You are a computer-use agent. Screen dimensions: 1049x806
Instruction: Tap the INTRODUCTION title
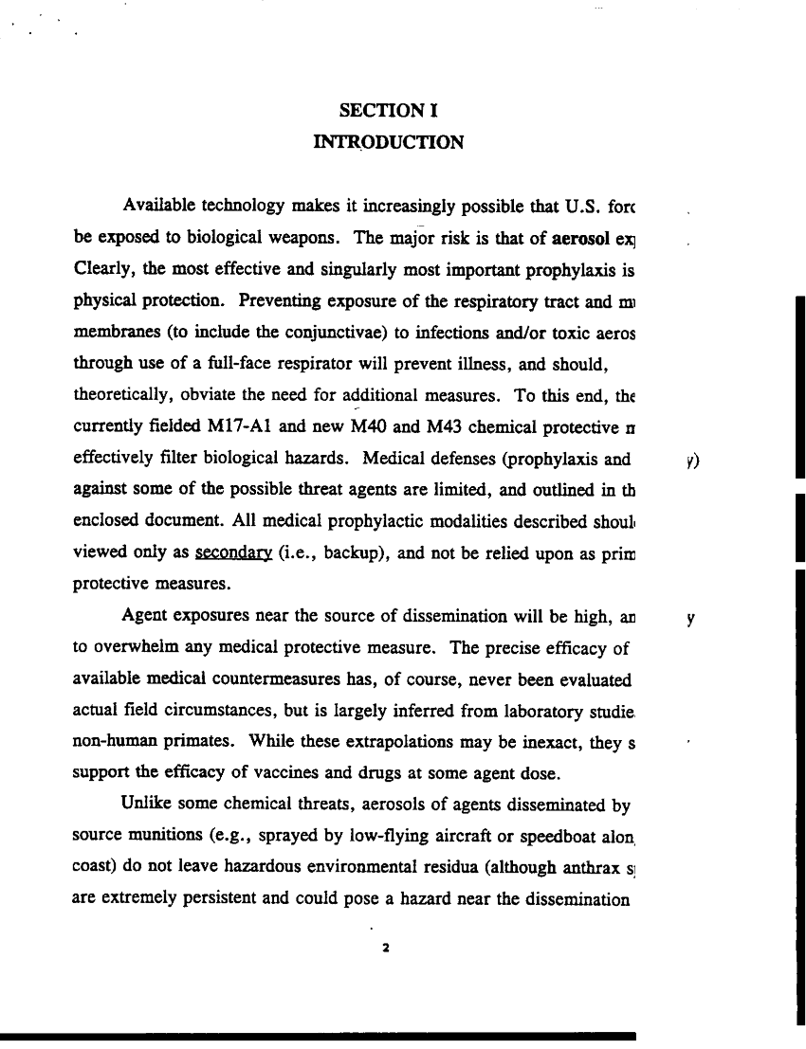coord(388,143)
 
